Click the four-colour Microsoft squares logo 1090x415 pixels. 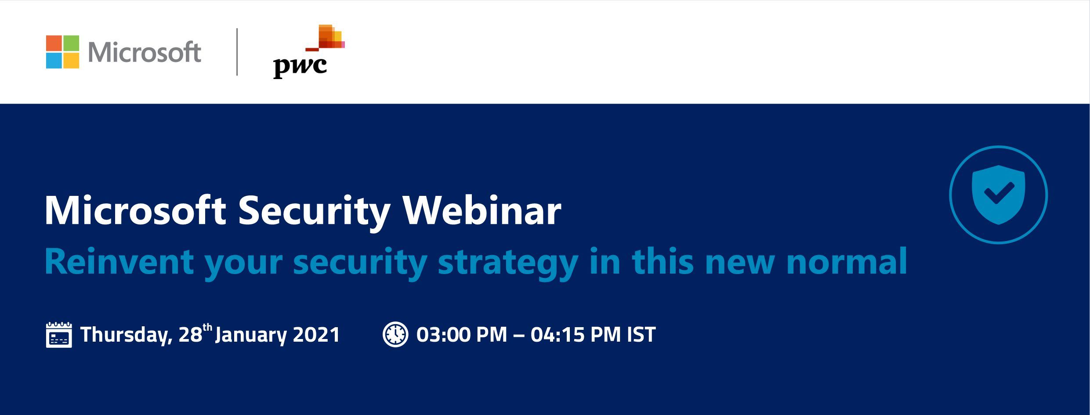[x=62, y=52]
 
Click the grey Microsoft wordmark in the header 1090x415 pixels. [x=145, y=52]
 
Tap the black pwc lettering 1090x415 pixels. [x=300, y=67]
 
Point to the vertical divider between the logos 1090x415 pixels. [x=237, y=52]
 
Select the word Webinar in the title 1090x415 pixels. [x=482, y=210]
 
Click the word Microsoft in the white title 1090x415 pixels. [x=135, y=210]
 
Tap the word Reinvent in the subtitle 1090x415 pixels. [x=119, y=261]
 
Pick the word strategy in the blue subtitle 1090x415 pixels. [x=508, y=263]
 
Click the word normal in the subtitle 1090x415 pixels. [x=847, y=261]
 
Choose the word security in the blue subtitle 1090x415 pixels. [x=360, y=263]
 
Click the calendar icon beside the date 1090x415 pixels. [x=59, y=335]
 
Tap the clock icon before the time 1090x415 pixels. [x=395, y=335]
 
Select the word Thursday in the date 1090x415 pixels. [x=126, y=336]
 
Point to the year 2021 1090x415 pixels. [x=316, y=335]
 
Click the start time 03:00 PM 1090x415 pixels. [x=462, y=335]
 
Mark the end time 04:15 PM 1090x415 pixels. [x=576, y=335]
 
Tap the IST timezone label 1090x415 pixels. [x=641, y=335]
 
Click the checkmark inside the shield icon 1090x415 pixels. [x=999, y=193]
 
